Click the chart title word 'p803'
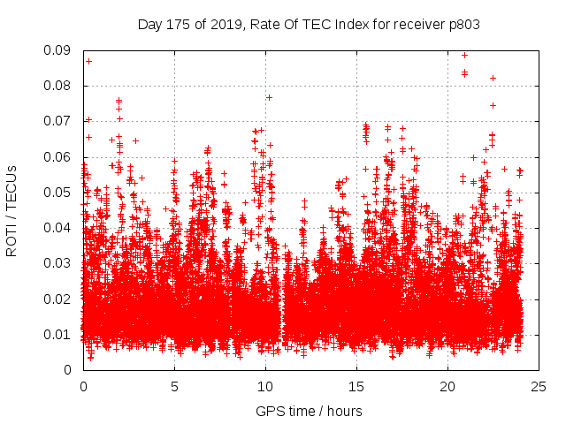463,25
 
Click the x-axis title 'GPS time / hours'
309,412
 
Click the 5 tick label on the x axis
174,386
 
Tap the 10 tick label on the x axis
265,386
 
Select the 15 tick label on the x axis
356,386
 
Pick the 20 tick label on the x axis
447,386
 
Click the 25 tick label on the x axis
539,386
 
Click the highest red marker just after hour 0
88,61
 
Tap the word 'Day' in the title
149,25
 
